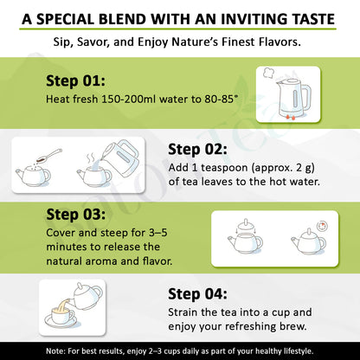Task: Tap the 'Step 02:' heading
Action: click(198, 149)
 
